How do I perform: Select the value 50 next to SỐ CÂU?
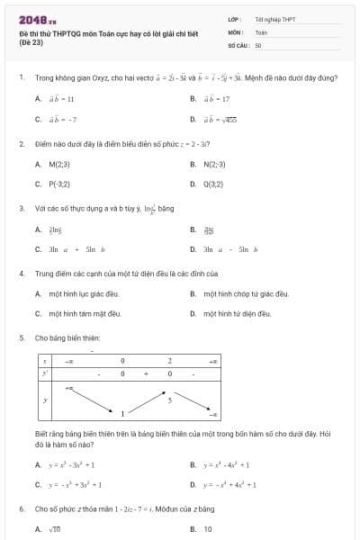pos(258,43)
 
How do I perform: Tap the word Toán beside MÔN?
pos(261,31)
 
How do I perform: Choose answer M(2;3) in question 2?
pos(59,164)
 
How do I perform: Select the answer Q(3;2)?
pos(214,184)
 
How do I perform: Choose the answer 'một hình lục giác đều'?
pos(84,293)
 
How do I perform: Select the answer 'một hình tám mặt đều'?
pos(84,313)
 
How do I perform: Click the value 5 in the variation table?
pos(169,397)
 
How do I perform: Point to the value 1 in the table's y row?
pos(123,413)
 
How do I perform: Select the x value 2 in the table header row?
pos(169,360)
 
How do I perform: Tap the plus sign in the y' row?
pos(146,372)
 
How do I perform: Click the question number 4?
pos(21,272)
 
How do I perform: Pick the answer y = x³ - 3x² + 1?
pos(71,464)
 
